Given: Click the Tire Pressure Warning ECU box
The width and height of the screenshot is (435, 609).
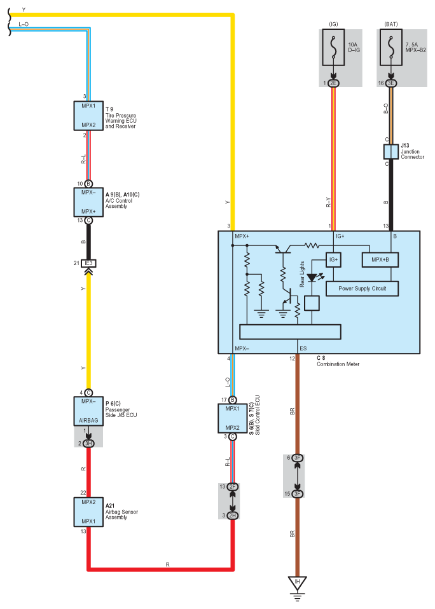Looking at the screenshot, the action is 88,116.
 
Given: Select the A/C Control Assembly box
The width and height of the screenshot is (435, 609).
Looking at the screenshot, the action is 88,202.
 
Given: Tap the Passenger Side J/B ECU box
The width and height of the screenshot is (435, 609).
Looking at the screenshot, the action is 88,411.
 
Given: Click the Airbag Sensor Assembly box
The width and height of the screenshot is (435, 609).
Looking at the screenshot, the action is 88,512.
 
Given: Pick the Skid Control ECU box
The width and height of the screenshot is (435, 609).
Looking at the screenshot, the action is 232,418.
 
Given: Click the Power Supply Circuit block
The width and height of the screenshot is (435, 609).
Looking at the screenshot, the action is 362,289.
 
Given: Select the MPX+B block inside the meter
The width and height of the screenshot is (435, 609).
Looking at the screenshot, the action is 380,260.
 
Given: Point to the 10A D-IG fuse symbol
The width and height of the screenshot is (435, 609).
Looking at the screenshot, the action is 333,48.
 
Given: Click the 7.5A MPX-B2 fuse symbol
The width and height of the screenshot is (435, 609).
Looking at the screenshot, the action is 390,48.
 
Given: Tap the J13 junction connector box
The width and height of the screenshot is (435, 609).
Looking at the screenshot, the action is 390,152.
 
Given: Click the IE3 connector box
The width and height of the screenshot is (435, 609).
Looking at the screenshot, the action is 88,263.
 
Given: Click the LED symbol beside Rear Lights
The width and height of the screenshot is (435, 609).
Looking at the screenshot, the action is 312,278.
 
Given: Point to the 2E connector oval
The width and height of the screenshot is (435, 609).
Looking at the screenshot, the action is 333,83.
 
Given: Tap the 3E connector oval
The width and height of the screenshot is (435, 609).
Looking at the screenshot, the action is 390,83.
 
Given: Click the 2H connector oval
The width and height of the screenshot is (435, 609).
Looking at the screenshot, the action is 232,516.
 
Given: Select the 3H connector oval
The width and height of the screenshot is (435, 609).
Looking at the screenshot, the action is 88,443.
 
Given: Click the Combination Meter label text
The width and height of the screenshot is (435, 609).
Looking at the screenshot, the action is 338,364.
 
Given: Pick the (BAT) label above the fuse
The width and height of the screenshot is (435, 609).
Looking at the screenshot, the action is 390,24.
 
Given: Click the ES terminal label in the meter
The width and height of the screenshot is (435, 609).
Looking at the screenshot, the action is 303,348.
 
